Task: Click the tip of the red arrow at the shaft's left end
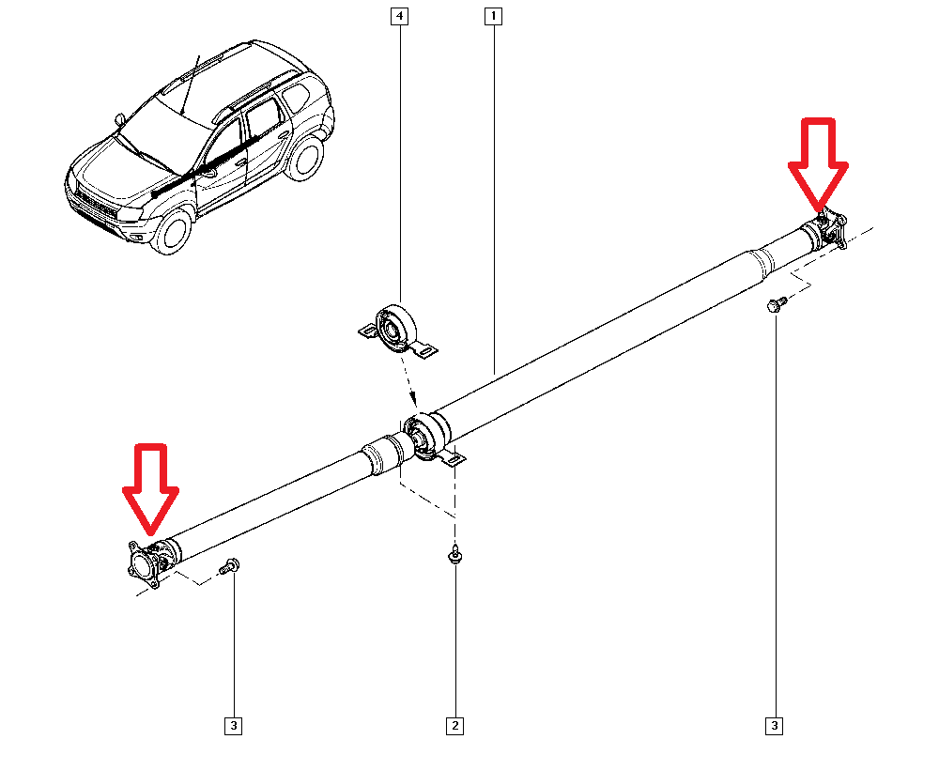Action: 150,534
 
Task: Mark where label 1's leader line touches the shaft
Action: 494,375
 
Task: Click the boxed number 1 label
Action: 494,16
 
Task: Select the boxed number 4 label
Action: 399,16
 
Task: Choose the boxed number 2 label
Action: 455,726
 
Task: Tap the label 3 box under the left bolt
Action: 234,726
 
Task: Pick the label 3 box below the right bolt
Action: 775,726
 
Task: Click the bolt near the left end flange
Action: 229,565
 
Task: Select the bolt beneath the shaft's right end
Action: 777,304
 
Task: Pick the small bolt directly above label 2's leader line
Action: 454,554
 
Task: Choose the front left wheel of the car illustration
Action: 172,230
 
